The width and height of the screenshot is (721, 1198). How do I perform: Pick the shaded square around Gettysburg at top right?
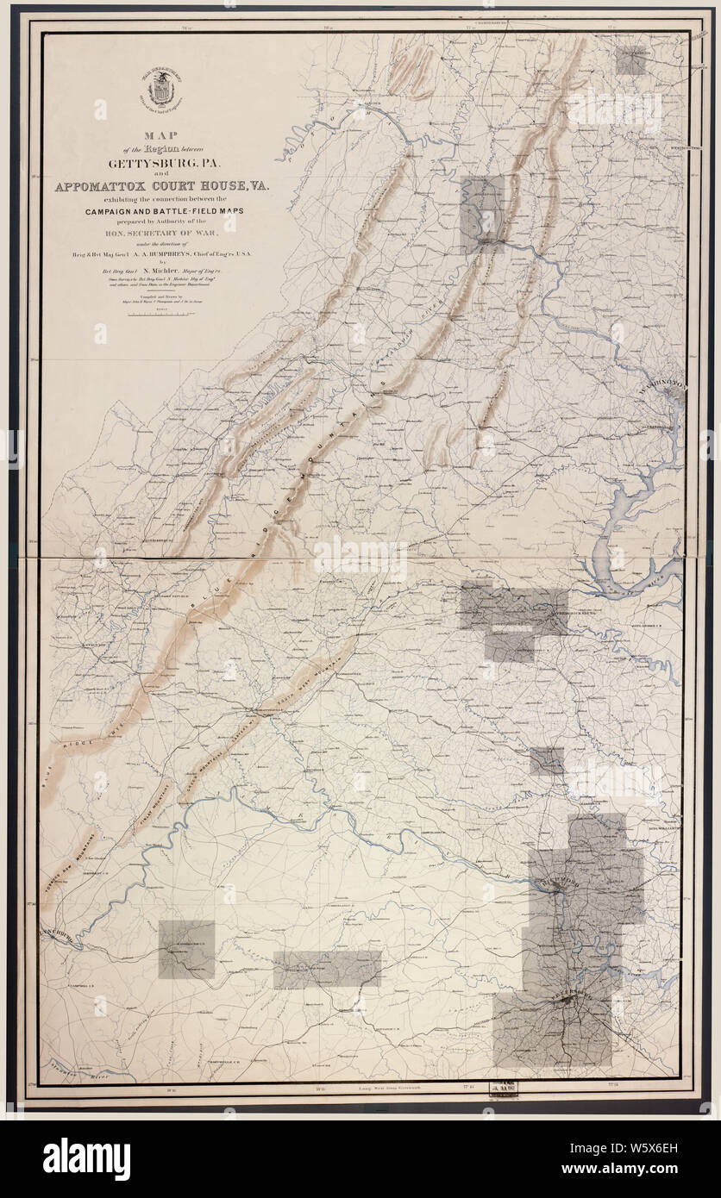coord(631,61)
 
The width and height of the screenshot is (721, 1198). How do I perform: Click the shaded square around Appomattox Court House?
coord(186,949)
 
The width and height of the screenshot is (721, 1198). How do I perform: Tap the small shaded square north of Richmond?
coord(546,761)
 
